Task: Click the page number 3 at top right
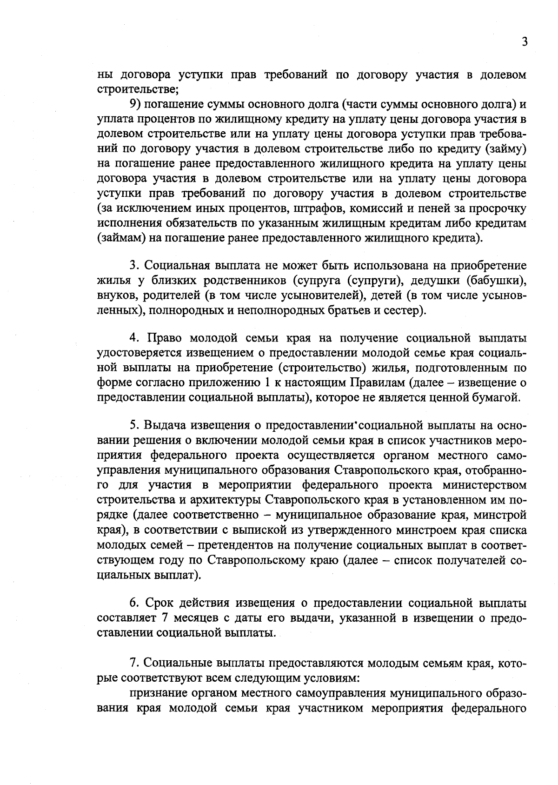525,42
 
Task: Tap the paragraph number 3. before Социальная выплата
135,266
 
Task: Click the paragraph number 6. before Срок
135,603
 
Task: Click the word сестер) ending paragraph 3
407,310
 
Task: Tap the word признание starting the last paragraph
159,692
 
